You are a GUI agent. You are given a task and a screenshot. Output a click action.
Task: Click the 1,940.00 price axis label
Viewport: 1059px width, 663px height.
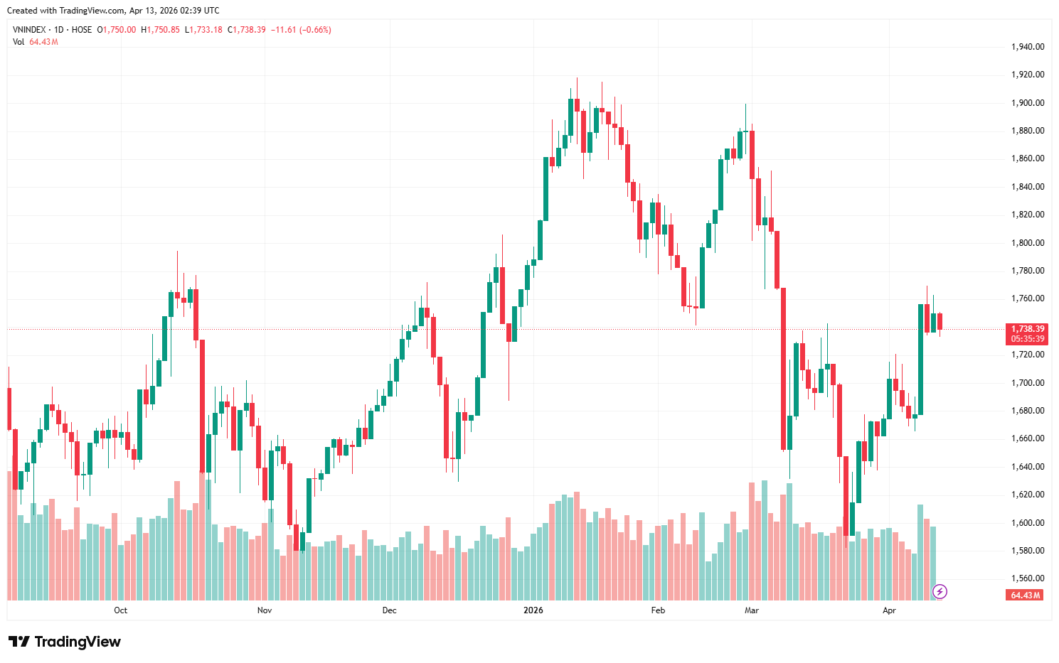point(1027,47)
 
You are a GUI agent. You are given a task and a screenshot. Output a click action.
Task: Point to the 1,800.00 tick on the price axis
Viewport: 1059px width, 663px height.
point(1027,243)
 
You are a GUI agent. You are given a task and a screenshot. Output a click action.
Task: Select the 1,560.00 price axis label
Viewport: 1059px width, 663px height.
point(1027,578)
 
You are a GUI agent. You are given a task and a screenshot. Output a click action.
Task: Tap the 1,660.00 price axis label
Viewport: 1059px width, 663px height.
point(1027,438)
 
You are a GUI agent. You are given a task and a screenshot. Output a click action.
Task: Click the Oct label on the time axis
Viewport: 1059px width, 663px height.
point(121,610)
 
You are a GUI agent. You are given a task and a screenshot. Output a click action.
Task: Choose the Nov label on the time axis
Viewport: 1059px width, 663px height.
point(265,610)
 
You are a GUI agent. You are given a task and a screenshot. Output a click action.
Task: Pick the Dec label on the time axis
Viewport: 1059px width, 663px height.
point(389,610)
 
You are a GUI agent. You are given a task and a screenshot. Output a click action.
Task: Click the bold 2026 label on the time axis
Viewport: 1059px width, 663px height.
point(533,610)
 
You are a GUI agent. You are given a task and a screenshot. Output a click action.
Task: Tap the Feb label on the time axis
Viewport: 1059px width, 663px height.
point(658,610)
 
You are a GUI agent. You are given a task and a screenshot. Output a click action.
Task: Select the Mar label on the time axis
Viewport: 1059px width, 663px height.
point(752,610)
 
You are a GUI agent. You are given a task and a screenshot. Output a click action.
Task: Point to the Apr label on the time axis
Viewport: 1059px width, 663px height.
point(889,610)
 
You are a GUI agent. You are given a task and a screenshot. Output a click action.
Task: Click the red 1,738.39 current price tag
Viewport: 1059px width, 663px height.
point(1027,329)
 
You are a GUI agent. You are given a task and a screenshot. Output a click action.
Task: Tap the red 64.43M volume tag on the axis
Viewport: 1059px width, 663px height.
point(1025,595)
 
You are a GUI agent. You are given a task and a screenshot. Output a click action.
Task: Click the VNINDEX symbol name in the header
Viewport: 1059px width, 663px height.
point(29,30)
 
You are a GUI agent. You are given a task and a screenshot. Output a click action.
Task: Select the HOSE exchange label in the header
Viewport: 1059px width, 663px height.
point(82,30)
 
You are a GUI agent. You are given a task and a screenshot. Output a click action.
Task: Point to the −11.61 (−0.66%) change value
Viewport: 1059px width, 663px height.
point(301,30)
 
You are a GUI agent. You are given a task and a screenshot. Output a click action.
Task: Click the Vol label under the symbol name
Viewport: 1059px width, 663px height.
point(18,42)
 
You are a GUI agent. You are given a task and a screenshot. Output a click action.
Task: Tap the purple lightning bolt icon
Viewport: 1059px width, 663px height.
point(940,591)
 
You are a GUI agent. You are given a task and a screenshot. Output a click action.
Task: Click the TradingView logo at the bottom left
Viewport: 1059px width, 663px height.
point(65,642)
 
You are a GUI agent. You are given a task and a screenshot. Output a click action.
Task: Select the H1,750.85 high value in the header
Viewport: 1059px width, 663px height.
point(160,30)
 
